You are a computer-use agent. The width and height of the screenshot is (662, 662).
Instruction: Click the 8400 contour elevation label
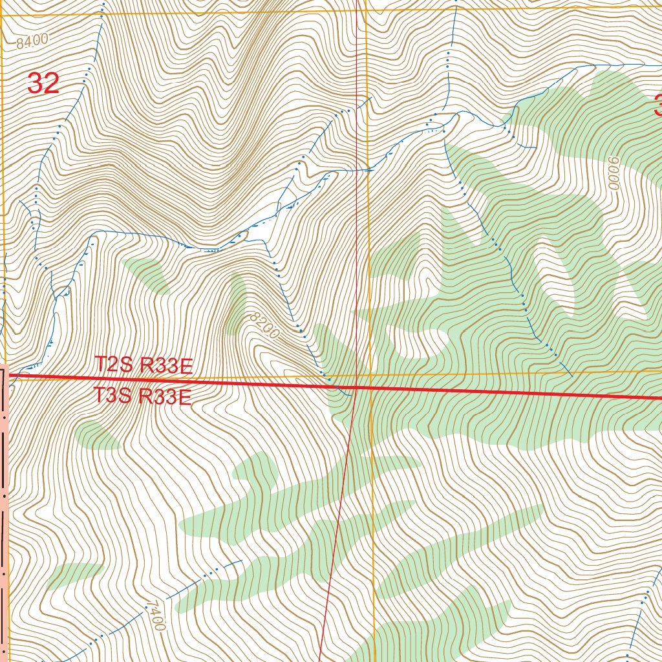pos(33,42)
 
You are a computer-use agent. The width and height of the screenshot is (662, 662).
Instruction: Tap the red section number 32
pos(43,84)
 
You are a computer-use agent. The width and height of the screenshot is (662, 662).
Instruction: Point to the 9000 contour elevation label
pos(614,173)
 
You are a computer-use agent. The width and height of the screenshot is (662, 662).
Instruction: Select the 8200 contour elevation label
pos(262,325)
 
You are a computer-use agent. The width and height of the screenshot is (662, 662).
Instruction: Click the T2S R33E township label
pos(144,365)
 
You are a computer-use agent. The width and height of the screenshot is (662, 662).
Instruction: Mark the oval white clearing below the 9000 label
pos(554,275)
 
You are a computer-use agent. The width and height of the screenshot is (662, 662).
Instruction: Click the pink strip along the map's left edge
pos(4,517)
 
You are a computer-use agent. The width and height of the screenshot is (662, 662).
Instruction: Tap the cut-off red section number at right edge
pos(657,105)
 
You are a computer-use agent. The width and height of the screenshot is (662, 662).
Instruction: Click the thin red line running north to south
pos(357,194)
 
